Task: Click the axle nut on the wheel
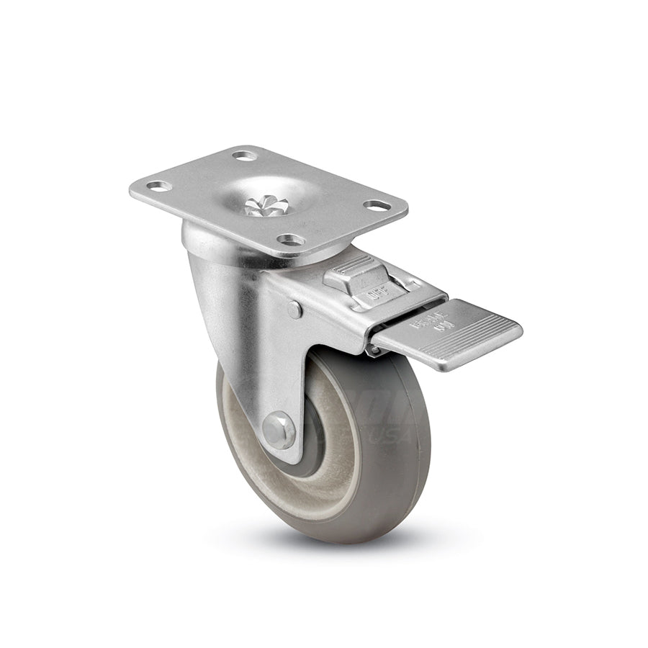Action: [x=279, y=431]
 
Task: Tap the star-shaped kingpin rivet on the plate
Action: [x=266, y=207]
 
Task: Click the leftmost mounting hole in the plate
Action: [x=159, y=186]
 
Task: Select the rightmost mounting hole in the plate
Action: [x=377, y=205]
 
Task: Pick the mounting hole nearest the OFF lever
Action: [x=290, y=239]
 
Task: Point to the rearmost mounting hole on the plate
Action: [x=245, y=155]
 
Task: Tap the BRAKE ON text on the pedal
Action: [x=425, y=328]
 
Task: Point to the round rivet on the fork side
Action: [x=294, y=310]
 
